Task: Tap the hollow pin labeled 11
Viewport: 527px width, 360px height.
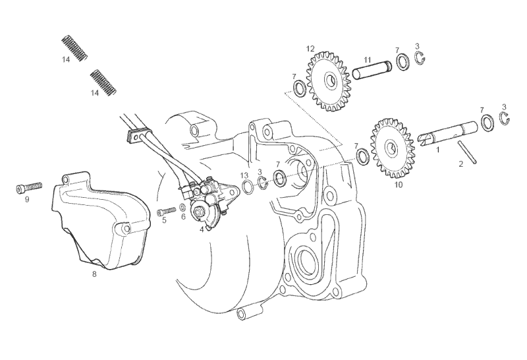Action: click(373, 69)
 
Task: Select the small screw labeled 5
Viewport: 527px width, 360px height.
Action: click(166, 211)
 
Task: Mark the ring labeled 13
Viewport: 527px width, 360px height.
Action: click(248, 187)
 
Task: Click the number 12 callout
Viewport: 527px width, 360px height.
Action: click(310, 48)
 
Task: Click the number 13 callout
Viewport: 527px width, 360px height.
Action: click(244, 175)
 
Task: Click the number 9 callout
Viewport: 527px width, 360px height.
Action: click(27, 199)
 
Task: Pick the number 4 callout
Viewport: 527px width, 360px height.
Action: click(202, 229)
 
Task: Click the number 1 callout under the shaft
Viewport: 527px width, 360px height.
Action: click(437, 150)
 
